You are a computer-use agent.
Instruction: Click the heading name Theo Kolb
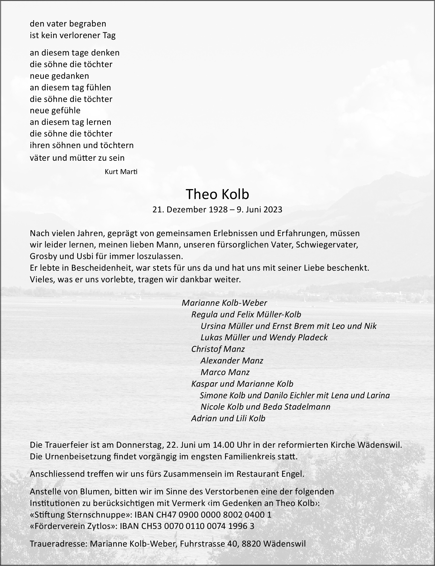pos(217,194)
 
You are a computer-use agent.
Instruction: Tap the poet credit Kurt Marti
pos(121,172)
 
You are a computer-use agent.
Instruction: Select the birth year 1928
pos(218,209)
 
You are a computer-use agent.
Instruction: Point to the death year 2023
pos(273,209)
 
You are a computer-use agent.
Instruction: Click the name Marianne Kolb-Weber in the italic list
pos(224,303)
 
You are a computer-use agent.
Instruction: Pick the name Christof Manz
pos(218,349)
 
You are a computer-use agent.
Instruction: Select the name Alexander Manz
pos(232,360)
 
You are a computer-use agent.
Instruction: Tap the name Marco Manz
pos(225,372)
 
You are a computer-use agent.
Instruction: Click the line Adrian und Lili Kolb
pos(228,418)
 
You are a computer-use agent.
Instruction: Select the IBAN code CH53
pos(153,526)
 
